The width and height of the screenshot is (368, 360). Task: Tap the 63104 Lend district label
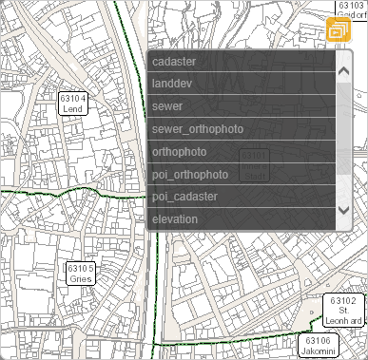[x=72, y=104]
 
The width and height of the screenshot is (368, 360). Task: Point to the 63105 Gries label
[x=80, y=274]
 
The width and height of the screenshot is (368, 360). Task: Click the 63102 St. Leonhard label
[x=345, y=311]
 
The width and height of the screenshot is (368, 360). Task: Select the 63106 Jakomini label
[x=319, y=345]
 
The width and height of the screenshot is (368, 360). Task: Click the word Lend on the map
[x=72, y=109]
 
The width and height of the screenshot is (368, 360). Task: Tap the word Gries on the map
[x=80, y=279]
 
